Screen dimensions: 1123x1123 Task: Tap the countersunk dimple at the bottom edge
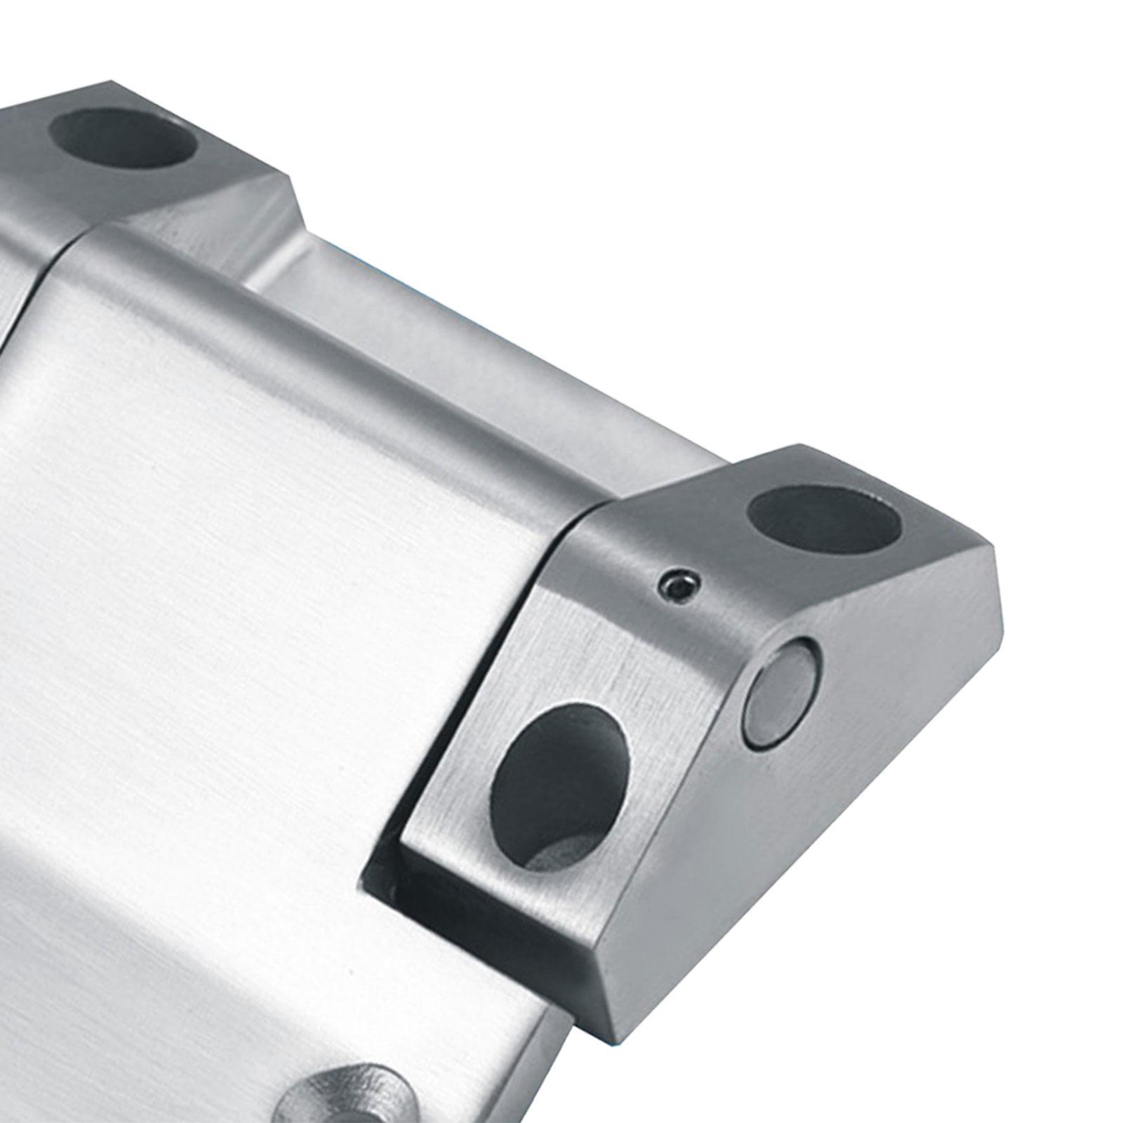click(x=344, y=1092)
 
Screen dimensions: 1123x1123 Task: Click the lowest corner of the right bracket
click(x=618, y=1061)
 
